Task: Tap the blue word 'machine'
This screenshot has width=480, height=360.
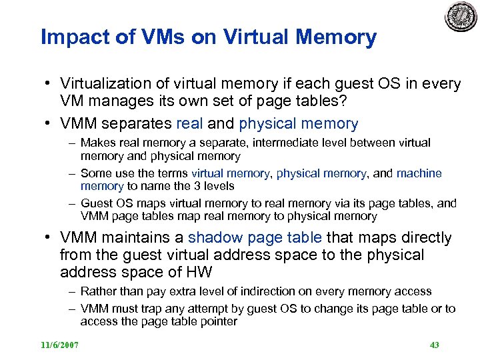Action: point(419,173)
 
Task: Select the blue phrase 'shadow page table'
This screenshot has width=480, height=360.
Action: point(255,238)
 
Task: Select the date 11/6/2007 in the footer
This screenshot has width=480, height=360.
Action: point(60,345)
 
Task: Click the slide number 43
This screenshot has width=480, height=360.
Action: point(434,345)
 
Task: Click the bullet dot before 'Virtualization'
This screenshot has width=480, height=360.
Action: point(49,85)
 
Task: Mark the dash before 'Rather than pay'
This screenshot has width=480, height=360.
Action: point(71,291)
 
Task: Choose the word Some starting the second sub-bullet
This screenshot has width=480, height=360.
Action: point(95,173)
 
